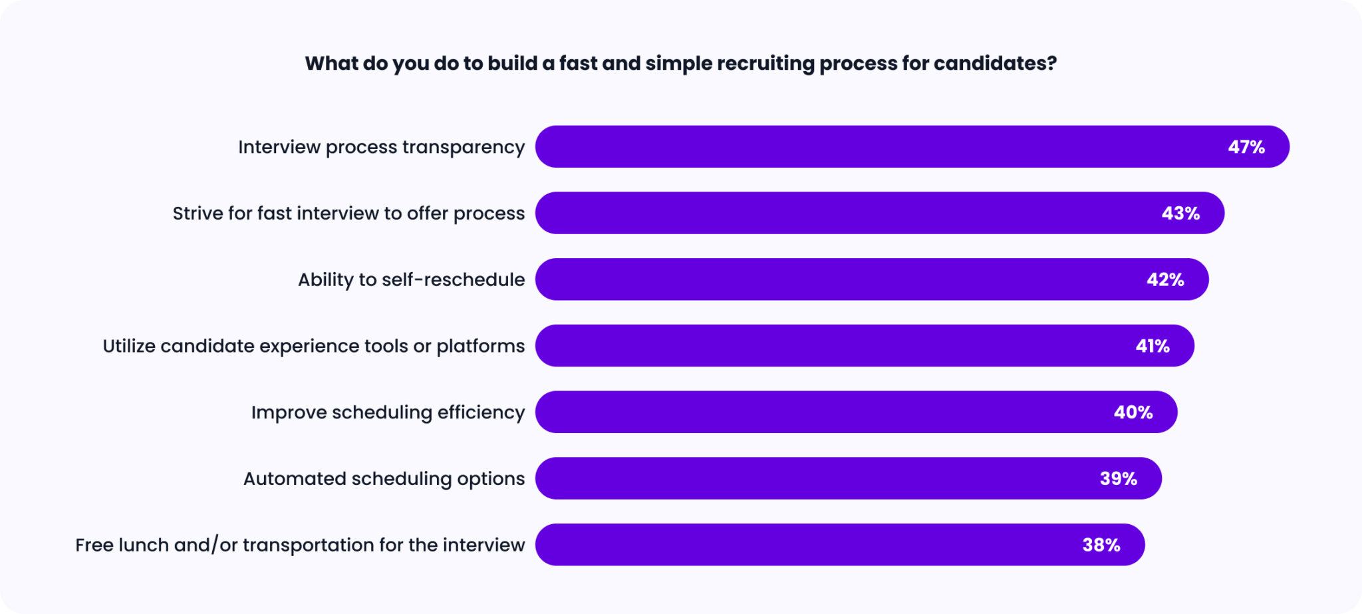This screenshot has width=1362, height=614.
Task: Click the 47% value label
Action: [1246, 147]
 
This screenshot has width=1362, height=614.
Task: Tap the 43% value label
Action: [1180, 214]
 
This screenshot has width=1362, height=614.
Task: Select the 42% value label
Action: [1165, 280]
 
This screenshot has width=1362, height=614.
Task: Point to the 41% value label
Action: [1153, 347]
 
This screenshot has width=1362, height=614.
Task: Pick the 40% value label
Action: [1133, 412]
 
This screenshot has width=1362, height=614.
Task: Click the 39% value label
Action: [1118, 479]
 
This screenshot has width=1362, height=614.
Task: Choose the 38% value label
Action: [1101, 545]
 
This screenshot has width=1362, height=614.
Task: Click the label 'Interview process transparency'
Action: [381, 147]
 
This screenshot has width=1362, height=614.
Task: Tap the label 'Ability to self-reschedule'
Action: [411, 280]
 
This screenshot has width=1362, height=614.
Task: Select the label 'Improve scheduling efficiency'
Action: [388, 412]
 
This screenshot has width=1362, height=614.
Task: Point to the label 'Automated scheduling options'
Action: [384, 479]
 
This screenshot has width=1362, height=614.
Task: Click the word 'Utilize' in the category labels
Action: [129, 346]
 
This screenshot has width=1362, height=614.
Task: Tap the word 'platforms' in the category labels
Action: [480, 347]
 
